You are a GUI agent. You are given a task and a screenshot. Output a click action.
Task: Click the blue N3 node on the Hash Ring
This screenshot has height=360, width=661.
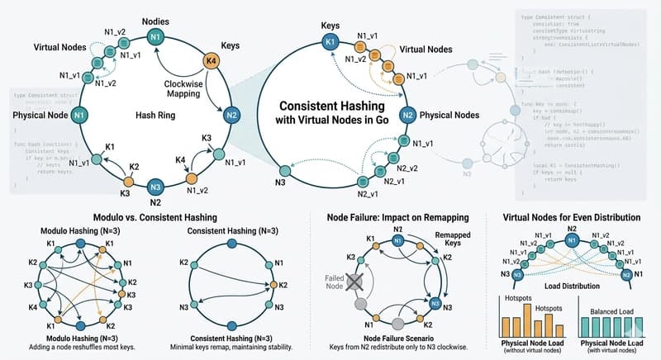155,186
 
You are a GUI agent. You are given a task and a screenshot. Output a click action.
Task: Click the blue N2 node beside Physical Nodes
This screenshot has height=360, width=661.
407,115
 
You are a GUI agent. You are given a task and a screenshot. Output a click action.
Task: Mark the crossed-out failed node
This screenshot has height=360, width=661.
357,282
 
